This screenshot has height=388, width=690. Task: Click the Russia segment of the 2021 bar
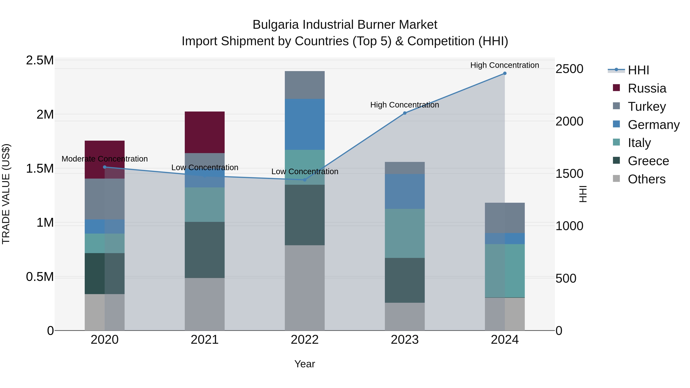coord(205,132)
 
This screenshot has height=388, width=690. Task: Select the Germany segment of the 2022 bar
coord(305,124)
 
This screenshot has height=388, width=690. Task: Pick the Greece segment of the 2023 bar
coord(404,280)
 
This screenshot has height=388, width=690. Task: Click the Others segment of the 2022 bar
coord(305,288)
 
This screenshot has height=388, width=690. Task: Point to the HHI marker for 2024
coord(505,73)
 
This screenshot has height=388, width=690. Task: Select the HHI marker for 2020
coord(105,167)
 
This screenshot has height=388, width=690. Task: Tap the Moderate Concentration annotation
coord(105,159)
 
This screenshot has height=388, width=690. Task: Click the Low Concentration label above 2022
coord(305,171)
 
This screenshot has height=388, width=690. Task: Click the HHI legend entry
coord(638,70)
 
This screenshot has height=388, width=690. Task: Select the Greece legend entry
coord(648,161)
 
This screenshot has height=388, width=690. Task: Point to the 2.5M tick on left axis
coord(40,61)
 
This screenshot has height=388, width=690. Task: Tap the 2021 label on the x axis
coord(205,340)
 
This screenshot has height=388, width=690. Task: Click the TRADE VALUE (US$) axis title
coord(6,194)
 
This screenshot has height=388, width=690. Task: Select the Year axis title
coord(305,364)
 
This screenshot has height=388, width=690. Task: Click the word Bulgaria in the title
coord(275,25)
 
